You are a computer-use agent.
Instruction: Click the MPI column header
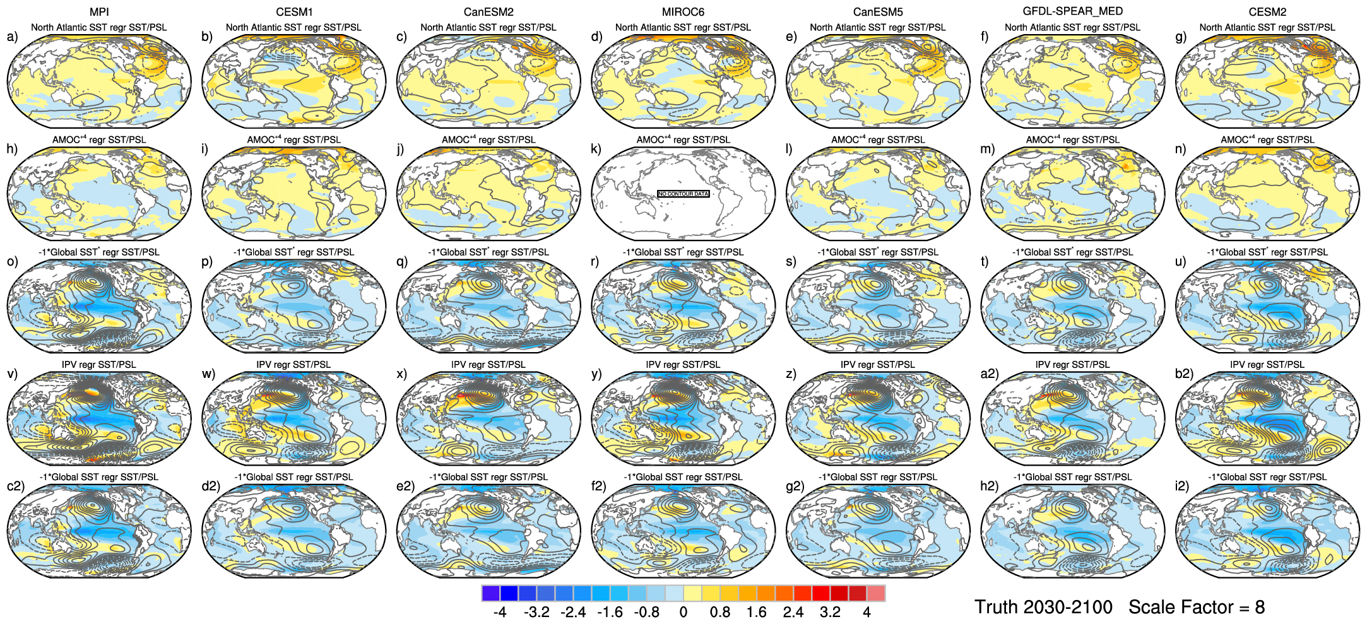tap(99, 12)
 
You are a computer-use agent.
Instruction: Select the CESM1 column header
tap(294, 12)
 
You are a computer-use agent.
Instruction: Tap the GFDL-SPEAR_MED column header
tap(1072, 11)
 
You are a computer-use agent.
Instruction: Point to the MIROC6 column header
tap(683, 12)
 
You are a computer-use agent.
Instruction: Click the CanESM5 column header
tap(877, 12)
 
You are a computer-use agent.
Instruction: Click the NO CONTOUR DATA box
tap(683, 194)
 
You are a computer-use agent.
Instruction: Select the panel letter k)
tap(596, 149)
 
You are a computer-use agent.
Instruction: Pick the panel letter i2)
tap(1182, 486)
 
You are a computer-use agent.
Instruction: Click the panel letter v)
tap(12, 374)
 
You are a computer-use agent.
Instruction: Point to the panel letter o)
tap(12, 261)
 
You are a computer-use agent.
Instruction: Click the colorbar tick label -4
tap(500, 612)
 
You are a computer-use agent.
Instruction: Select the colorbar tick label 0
tap(683, 612)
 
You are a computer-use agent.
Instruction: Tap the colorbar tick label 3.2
tap(830, 612)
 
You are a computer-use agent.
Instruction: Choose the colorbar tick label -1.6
tap(610, 612)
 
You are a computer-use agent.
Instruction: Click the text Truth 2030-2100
tap(1043, 607)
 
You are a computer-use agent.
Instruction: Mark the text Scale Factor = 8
tap(1197, 607)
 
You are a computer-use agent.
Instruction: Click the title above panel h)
tap(99, 139)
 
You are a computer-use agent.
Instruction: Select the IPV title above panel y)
tap(683, 364)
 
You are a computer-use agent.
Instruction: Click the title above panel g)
tap(1267, 27)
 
